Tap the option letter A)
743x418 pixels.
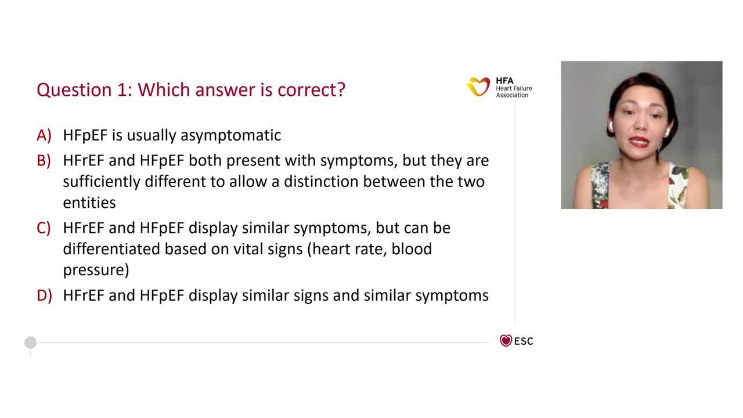click(x=44, y=135)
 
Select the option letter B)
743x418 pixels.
click(x=44, y=160)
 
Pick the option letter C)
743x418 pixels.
click(x=44, y=228)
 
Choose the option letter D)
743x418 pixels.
click(x=44, y=296)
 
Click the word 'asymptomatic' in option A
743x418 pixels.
click(x=230, y=136)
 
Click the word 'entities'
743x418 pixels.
click(x=89, y=203)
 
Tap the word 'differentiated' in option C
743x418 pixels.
click(x=111, y=249)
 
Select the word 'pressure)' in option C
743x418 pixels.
click(x=96, y=271)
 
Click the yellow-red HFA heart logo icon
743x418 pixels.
click(x=478, y=87)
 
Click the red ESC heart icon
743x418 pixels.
click(x=506, y=341)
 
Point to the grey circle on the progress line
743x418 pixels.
click(x=31, y=343)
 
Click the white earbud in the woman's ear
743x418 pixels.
click(x=666, y=132)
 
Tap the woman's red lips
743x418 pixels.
click(x=639, y=142)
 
